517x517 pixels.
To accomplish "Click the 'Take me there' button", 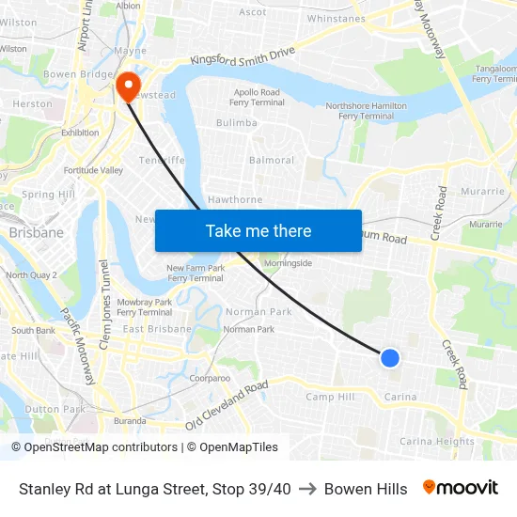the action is [258, 230].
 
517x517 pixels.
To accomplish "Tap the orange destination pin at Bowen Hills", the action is [127, 86].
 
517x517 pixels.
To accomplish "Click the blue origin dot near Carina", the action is [390, 357].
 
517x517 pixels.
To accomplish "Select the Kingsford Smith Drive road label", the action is [243, 56].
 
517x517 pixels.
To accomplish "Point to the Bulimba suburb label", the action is [237, 123].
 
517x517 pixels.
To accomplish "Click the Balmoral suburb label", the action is [272, 161].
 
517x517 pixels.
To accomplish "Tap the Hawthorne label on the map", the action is [235, 200].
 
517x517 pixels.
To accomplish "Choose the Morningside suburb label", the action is [287, 264].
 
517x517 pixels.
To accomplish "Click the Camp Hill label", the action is [331, 398].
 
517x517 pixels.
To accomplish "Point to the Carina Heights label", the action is [437, 441].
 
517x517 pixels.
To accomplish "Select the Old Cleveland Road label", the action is [227, 404].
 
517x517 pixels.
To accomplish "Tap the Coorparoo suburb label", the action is [210, 378].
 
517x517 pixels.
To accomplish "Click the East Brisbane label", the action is [158, 329].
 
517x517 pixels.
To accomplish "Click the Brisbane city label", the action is [36, 232].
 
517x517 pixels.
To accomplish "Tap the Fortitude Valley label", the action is [93, 170].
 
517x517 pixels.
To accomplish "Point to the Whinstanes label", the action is [336, 19].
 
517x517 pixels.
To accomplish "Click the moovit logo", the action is [461, 488].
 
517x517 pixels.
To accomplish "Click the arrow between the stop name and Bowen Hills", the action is [307, 489].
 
